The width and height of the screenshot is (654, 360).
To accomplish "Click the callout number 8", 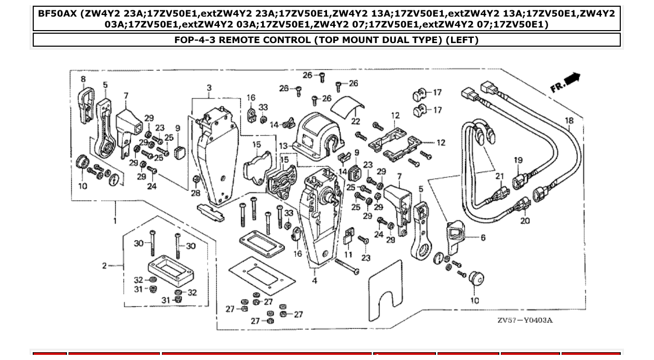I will click(83, 79).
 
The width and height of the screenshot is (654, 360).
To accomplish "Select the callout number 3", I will click(209, 88).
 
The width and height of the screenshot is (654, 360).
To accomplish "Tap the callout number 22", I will click(356, 121).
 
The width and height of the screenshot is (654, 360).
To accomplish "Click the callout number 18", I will click(569, 121).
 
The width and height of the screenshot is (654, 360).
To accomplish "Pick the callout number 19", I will click(519, 160).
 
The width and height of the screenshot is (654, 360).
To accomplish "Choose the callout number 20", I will click(525, 221).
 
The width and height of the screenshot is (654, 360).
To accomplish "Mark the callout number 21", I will click(499, 176).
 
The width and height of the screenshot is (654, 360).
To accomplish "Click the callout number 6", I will click(483, 238).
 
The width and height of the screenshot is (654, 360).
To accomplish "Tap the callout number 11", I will click(348, 255).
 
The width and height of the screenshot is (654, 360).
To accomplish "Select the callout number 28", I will click(195, 193).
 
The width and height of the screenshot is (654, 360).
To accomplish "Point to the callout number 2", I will click(104, 266).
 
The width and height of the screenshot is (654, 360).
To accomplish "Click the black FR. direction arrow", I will click(572, 79).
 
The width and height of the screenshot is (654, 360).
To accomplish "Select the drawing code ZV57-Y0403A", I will click(525, 320).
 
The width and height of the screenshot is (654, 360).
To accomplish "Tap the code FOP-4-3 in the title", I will click(195, 40).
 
